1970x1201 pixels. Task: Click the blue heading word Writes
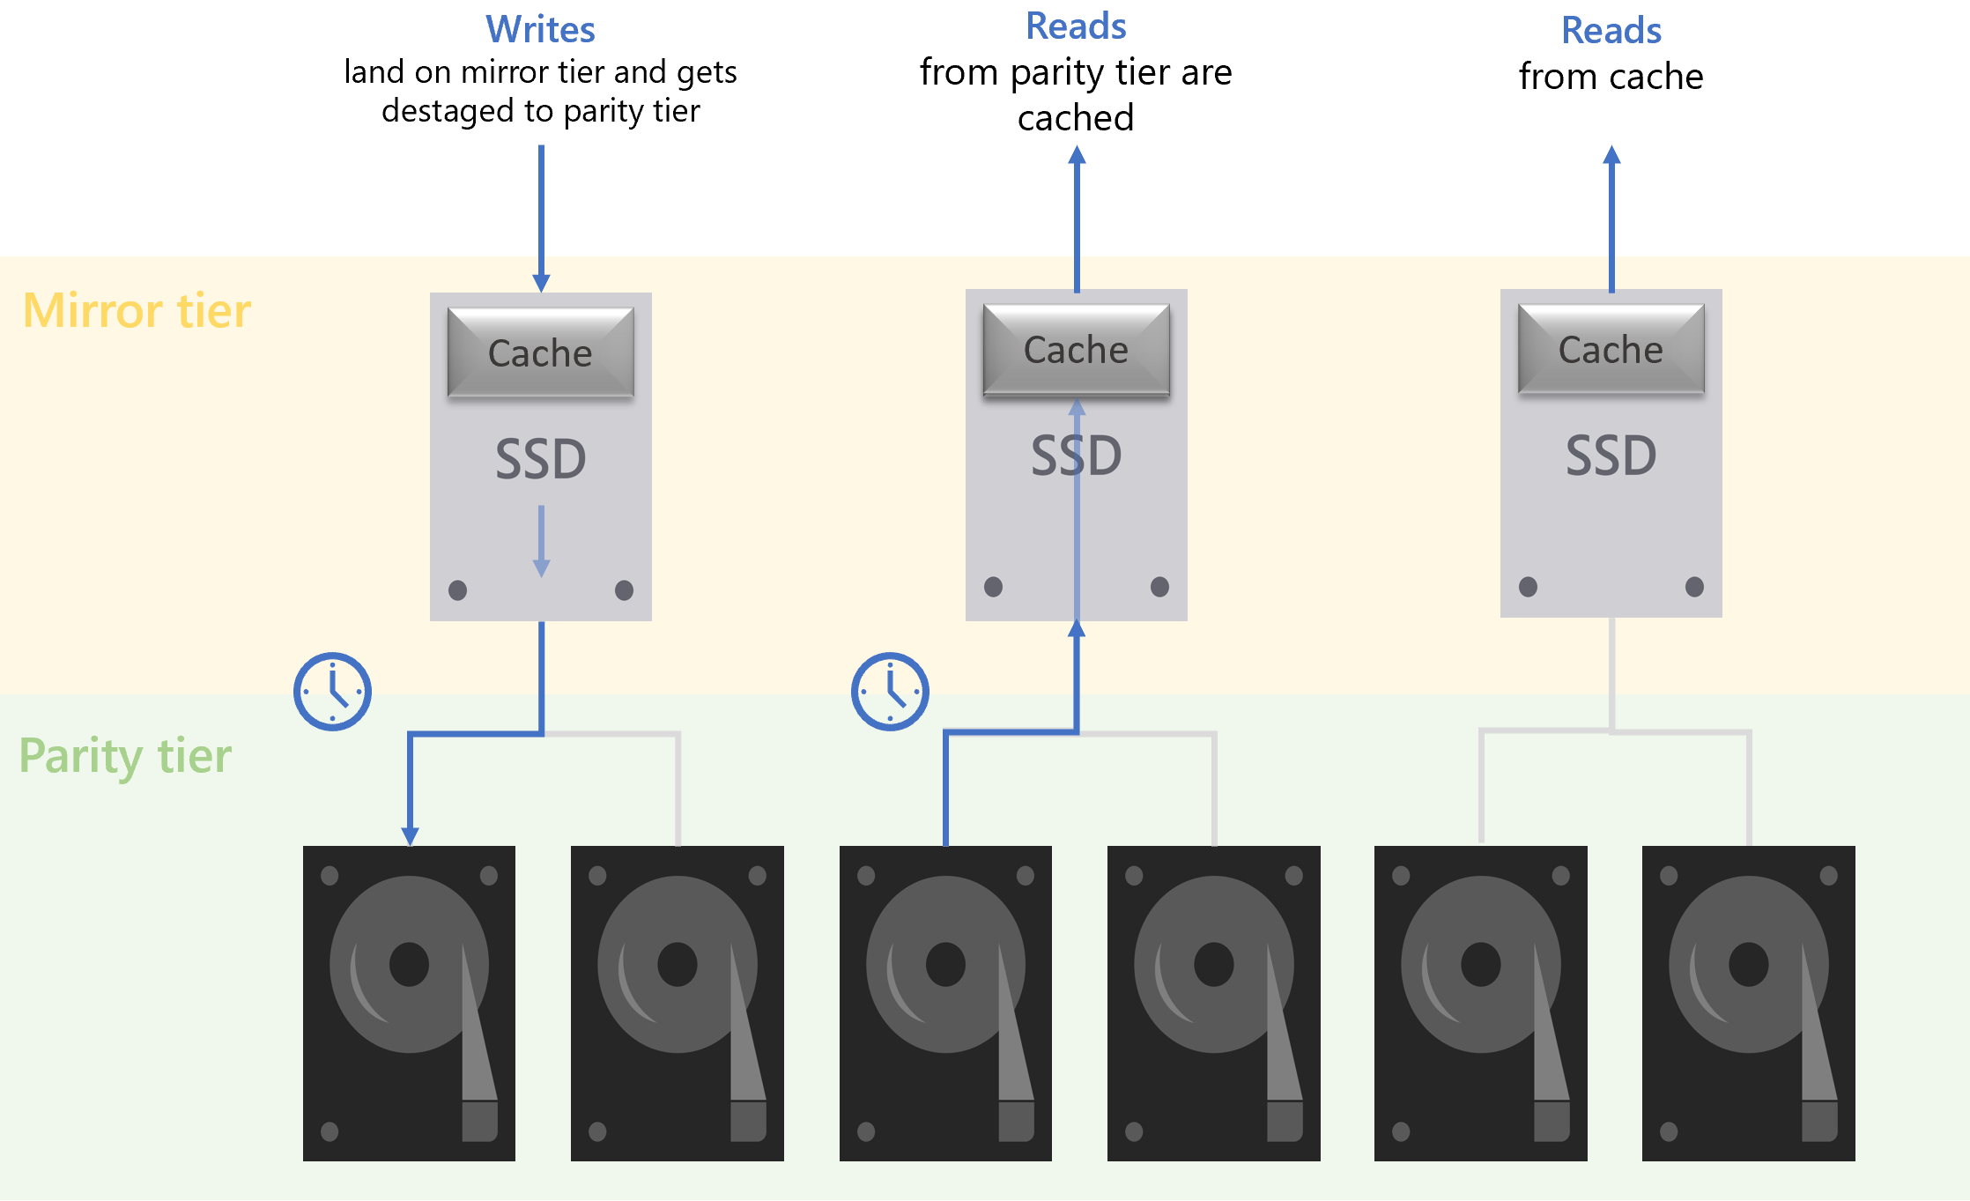click(540, 30)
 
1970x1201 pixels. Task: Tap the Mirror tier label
click(137, 311)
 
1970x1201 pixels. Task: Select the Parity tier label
click(125, 756)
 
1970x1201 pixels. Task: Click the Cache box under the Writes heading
click(540, 352)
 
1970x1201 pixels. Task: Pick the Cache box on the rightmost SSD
click(1611, 349)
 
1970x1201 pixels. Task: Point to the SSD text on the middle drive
click(1076, 456)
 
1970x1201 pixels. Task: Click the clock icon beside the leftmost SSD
click(332, 692)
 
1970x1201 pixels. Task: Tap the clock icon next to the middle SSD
click(890, 692)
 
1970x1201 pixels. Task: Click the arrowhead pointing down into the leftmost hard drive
click(410, 835)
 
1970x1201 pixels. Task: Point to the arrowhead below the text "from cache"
click(1611, 156)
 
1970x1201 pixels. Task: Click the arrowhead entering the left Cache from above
click(541, 283)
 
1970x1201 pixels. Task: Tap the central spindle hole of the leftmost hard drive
click(409, 964)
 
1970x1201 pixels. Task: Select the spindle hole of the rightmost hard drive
click(1748, 964)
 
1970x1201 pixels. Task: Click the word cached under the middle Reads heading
click(1076, 118)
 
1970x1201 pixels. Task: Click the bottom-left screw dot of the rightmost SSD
click(1528, 587)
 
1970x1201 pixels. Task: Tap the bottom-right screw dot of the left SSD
click(624, 590)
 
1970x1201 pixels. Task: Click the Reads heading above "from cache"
click(1611, 31)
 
